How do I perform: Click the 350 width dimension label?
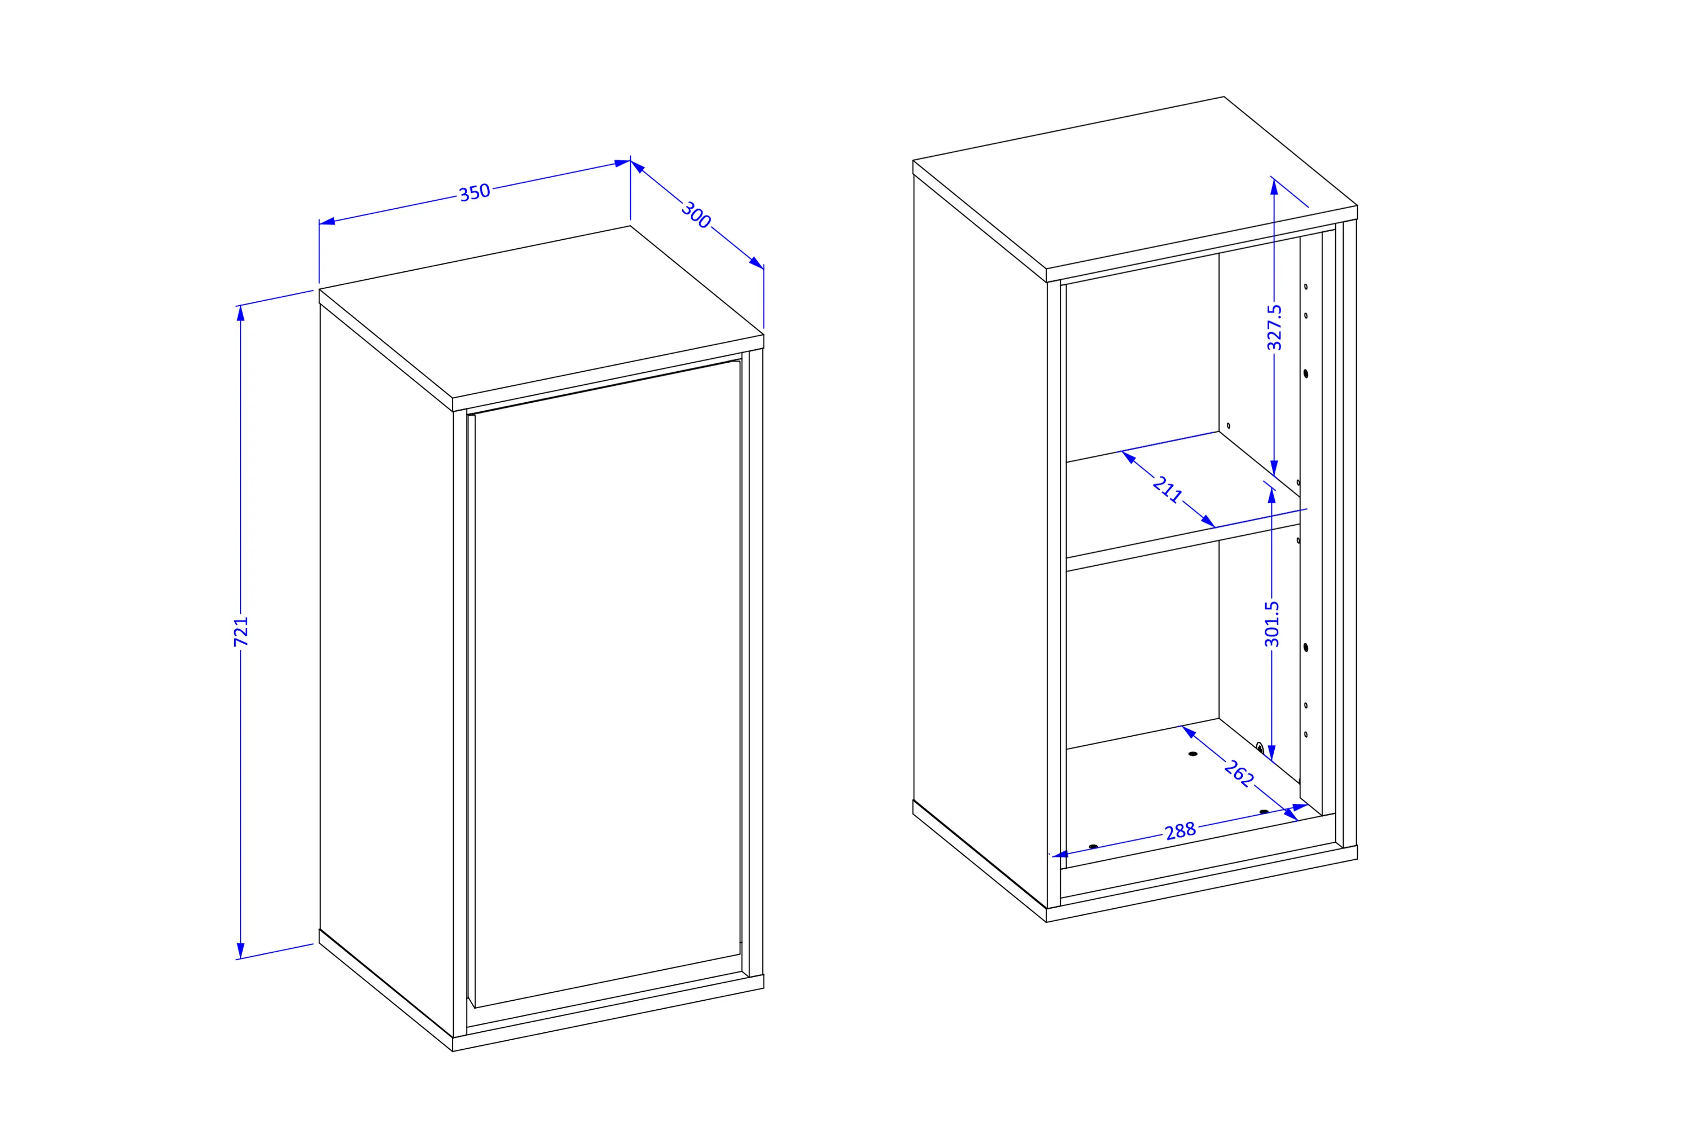474,192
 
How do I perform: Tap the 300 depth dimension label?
696,215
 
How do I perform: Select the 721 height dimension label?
241,632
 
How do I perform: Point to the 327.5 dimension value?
1274,327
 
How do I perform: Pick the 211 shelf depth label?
1167,489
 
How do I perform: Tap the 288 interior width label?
1180,831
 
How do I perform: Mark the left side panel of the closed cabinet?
386,670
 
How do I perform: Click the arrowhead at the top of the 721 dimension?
240,313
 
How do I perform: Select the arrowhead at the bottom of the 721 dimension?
240,951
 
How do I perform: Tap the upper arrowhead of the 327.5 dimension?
1274,186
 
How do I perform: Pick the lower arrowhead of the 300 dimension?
756,263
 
